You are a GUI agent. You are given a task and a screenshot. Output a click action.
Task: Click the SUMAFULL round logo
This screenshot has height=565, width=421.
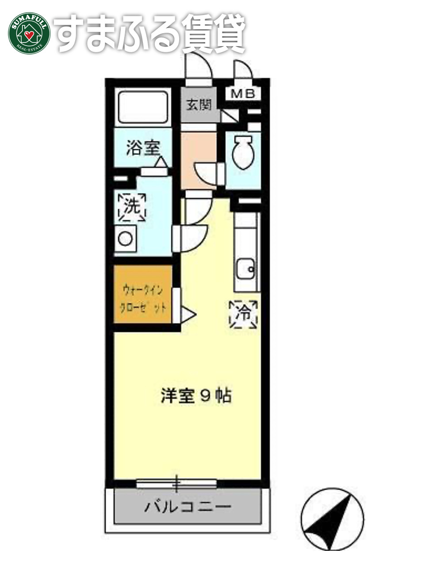[29, 33]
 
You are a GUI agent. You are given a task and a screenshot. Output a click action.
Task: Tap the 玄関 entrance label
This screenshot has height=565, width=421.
[198, 105]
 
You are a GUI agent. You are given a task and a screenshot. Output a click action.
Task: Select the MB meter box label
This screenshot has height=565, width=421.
[243, 93]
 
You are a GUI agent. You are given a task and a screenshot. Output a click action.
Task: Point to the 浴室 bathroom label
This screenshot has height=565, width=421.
[142, 147]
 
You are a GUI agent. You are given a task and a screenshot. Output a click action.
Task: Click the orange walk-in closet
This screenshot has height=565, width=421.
[143, 294]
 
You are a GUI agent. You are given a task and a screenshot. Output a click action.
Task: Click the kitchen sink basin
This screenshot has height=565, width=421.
[245, 268]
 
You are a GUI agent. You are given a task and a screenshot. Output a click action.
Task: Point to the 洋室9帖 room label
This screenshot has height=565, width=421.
[196, 396]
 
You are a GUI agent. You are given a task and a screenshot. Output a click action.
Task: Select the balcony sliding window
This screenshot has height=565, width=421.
[176, 484]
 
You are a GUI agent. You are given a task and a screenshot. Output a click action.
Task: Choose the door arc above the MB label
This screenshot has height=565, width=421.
[243, 71]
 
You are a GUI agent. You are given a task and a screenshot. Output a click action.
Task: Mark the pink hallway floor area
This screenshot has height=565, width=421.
[198, 153]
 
